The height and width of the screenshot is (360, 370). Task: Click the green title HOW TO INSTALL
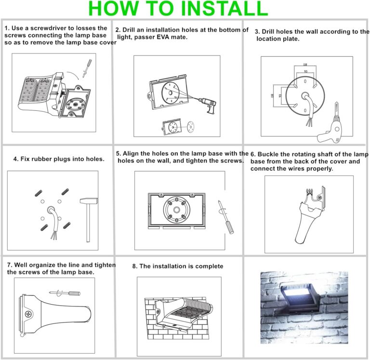[x=178, y=9]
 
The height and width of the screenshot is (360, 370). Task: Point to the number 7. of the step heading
[x=10, y=265]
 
